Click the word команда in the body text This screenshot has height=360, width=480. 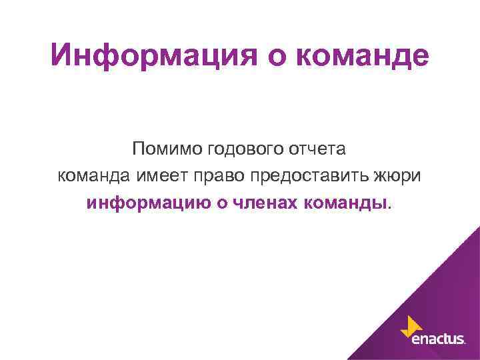pyautogui.click(x=96, y=175)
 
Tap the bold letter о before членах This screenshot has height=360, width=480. pyautogui.click(x=219, y=203)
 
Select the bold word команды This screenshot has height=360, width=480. pyautogui.click(x=345, y=203)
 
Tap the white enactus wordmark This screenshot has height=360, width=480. pyautogui.click(x=437, y=340)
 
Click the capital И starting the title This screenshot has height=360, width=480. pyautogui.click(x=61, y=56)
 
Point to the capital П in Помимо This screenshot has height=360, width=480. pyautogui.click(x=138, y=149)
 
